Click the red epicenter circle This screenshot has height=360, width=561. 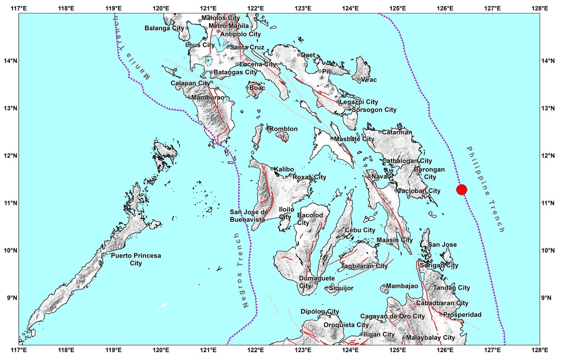point(461,189)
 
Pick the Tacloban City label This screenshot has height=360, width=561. point(419,191)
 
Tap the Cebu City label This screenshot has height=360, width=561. point(360,230)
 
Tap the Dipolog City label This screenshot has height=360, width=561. point(320,311)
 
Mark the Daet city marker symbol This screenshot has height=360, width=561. point(298,55)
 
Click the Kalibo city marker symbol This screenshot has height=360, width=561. point(272,169)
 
